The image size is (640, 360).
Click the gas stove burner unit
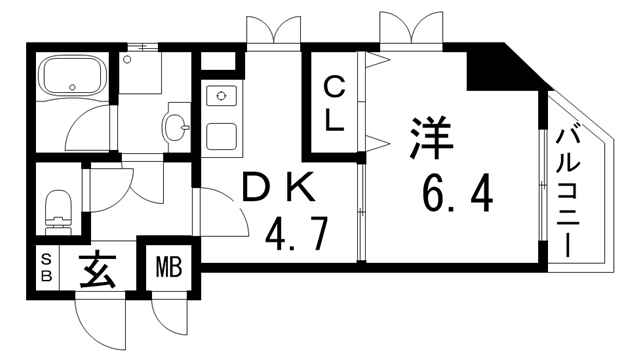tap(218, 97)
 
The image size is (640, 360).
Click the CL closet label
tap(334, 104)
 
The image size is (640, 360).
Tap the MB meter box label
tap(166, 269)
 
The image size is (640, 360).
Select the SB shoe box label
tap(45, 268)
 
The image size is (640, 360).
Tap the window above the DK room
tap(273, 31)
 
